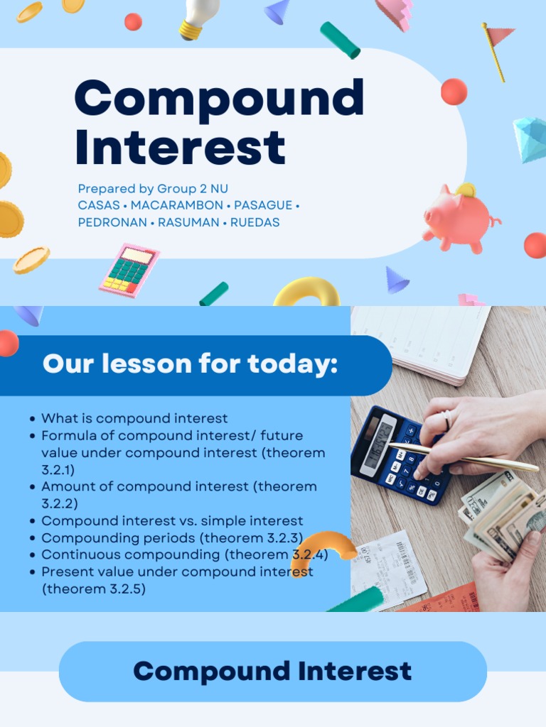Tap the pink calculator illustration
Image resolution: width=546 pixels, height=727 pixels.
[129, 270]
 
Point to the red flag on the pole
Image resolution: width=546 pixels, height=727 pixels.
[500, 35]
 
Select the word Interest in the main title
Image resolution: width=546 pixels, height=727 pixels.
[180, 147]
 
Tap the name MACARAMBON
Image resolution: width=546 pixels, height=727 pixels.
[177, 205]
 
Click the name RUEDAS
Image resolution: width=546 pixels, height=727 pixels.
[255, 222]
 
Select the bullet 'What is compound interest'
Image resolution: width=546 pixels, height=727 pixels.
[134, 418]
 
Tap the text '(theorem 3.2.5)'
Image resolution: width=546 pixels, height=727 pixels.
[94, 589]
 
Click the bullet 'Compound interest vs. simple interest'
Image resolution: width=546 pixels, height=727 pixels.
[172, 520]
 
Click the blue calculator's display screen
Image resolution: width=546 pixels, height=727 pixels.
[378, 444]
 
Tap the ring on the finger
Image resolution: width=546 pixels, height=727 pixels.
[447, 420]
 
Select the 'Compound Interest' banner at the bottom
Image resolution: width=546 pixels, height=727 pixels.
[272, 671]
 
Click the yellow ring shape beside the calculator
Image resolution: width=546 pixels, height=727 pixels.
[307, 291]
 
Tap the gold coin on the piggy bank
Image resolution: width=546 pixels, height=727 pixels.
[466, 190]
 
